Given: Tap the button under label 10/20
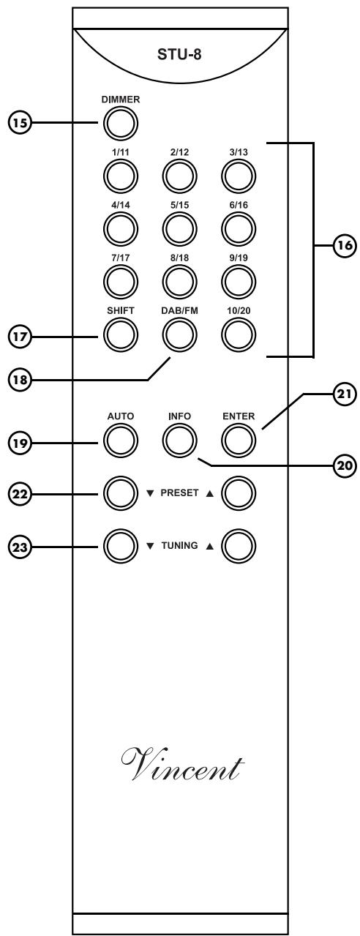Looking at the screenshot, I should (239, 335).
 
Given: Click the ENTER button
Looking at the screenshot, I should (239, 441).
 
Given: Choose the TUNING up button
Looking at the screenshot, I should (239, 544).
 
